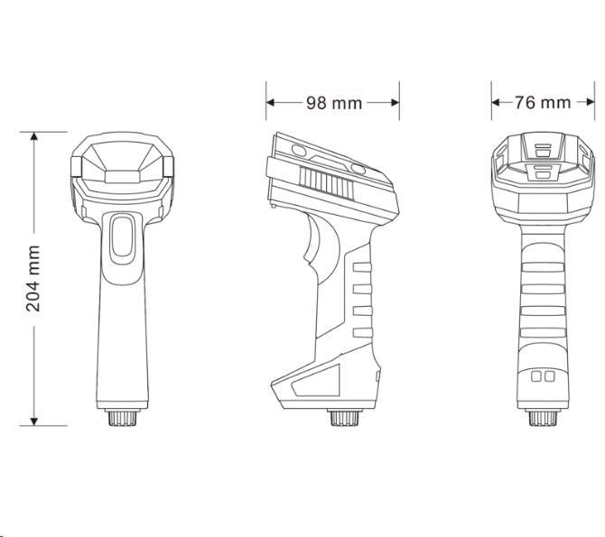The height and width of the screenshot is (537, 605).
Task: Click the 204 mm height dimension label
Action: pos(33,278)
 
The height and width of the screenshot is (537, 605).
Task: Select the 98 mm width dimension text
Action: pos(334,103)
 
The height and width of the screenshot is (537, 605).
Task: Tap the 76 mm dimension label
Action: pos(543,103)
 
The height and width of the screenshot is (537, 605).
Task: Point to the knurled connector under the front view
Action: pos(122,417)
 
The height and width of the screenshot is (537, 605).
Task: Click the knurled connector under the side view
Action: pos(344,417)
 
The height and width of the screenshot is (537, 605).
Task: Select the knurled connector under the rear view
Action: pos(543,417)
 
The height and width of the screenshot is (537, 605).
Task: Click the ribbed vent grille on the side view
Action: pos(326,183)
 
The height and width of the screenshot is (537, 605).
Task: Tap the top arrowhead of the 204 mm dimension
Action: pos(34,136)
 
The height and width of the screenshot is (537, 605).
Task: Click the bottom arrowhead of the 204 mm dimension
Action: pos(34,421)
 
